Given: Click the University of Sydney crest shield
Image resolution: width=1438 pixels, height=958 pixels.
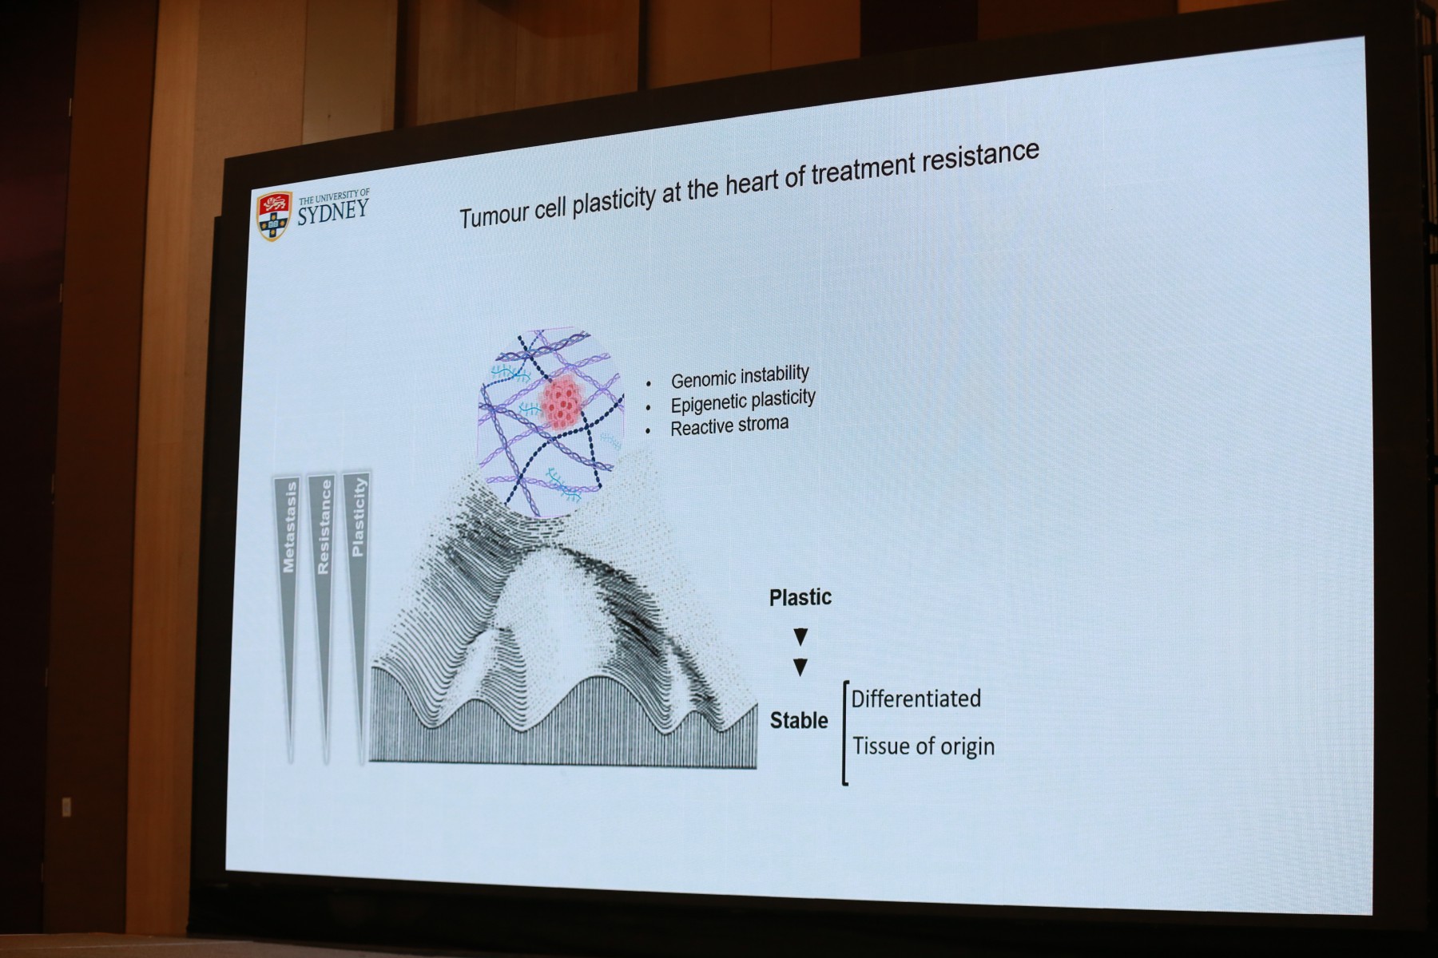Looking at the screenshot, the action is pos(272,216).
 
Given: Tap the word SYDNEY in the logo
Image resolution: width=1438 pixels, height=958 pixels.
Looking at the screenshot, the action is pos(333,212).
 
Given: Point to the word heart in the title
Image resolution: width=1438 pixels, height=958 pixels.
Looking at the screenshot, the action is pos(755,184).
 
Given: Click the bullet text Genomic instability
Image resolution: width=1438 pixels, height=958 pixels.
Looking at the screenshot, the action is pos(740,376).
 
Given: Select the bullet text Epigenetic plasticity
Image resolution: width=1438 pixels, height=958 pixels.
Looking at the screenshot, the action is pos(743,401).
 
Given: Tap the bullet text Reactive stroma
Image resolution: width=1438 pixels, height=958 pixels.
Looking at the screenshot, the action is pos(729,426).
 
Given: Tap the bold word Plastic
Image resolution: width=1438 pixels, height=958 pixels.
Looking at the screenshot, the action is pos(800,597).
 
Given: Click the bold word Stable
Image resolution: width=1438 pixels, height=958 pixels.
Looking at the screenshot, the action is pos(799,721).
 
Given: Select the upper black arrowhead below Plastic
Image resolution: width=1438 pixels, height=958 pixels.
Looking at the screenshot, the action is pos(800,636).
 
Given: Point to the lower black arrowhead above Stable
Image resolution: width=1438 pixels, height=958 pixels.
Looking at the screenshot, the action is pos(800,667).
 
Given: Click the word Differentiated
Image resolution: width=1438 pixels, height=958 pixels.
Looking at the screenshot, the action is pos(916,699).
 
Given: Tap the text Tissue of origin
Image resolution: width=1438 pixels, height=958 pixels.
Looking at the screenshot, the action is pos(924,746).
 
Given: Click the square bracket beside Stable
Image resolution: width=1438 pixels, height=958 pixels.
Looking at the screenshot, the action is pos(844,733).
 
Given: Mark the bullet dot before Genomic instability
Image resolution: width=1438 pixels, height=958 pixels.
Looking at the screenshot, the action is pos(649,384).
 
